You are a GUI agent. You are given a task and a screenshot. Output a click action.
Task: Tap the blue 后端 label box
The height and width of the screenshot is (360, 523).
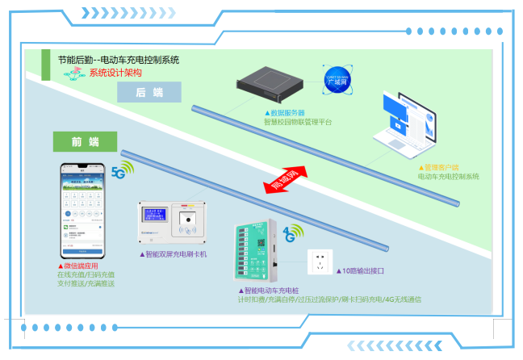[150, 93]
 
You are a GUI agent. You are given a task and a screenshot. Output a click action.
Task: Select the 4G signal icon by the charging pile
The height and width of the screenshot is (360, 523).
[291, 234]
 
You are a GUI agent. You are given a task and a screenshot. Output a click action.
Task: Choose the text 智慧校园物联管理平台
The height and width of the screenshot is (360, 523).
[298, 123]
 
